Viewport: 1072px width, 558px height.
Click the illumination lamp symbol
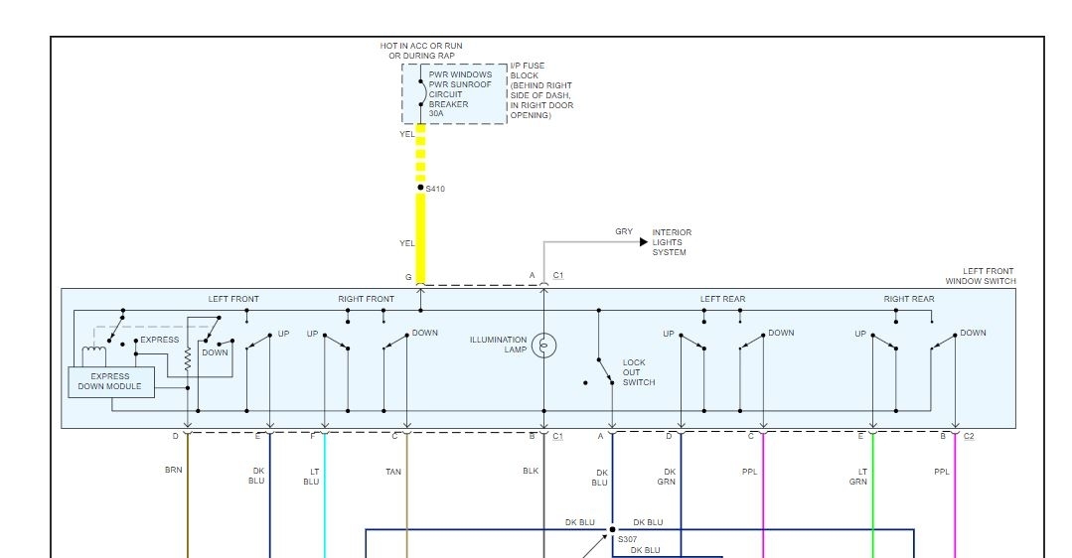(x=543, y=346)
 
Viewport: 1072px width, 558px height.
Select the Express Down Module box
(x=111, y=382)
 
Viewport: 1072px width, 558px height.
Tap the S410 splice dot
(x=420, y=188)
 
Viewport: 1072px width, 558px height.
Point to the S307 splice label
(x=628, y=539)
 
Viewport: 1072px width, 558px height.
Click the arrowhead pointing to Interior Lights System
(x=644, y=241)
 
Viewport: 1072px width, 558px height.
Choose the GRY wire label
(x=624, y=232)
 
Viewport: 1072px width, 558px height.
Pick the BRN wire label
(x=174, y=470)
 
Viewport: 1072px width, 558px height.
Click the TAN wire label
(x=393, y=472)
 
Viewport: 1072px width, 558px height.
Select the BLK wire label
(x=530, y=471)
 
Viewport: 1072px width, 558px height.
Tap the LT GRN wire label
(x=858, y=477)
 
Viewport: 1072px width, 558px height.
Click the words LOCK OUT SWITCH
(x=638, y=372)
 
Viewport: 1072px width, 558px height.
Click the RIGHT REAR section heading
(x=909, y=299)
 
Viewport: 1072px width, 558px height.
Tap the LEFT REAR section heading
(x=722, y=299)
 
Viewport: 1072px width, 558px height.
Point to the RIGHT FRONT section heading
(x=366, y=299)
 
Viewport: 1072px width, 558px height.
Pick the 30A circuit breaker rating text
(x=437, y=114)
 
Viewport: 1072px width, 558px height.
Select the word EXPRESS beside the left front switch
(x=160, y=340)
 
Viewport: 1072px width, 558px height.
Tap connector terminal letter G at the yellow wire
(x=407, y=276)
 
